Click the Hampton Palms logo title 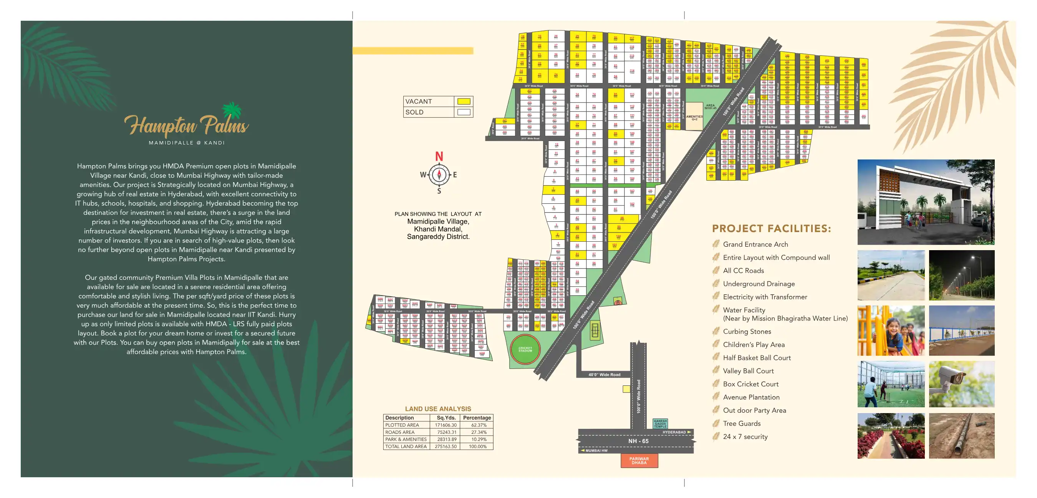click(186, 124)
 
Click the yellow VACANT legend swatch click(464, 101)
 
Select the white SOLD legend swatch click(464, 112)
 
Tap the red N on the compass click(439, 157)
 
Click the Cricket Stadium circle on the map click(525, 349)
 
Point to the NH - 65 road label click(638, 441)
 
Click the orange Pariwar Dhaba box click(639, 460)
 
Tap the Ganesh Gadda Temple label click(660, 423)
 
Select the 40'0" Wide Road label click(604, 375)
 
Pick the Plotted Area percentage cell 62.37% click(479, 425)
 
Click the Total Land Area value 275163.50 click(446, 447)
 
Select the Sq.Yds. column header click(446, 418)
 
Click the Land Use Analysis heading click(438, 409)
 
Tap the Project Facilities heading click(771, 229)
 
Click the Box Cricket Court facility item click(750, 384)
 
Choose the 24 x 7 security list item click(745, 437)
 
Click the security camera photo click(961, 384)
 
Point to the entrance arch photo click(926, 202)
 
